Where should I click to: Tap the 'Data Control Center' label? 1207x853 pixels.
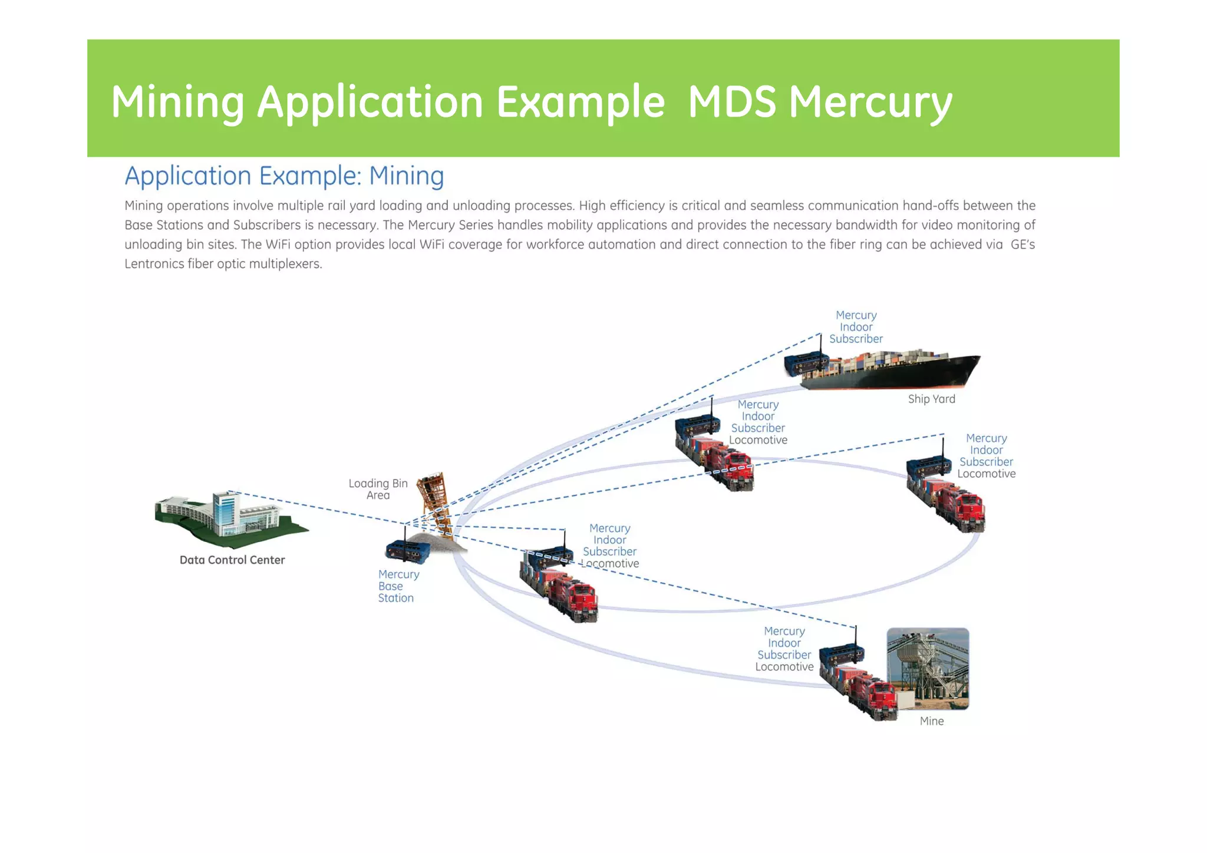point(232,560)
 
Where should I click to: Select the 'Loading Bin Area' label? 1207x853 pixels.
point(378,489)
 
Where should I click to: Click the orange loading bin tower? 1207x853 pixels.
point(435,501)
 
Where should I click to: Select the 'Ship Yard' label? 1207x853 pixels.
point(931,399)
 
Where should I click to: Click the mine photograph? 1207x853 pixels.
point(928,668)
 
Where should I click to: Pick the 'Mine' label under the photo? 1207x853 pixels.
point(931,721)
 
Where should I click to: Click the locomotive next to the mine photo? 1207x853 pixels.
point(866,692)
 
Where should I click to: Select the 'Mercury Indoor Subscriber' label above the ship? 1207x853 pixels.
point(856,327)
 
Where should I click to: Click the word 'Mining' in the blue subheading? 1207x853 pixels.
point(406,176)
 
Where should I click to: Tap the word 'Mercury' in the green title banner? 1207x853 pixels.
point(870,102)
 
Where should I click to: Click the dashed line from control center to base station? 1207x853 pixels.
point(318,508)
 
